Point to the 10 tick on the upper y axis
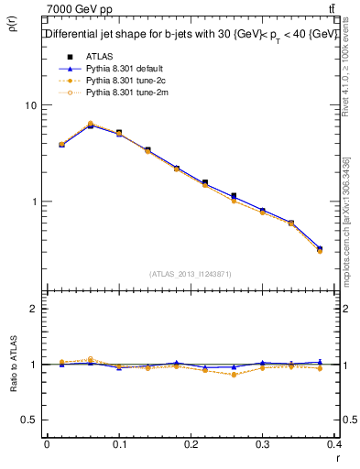pos(31,105)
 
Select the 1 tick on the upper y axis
pos(34,202)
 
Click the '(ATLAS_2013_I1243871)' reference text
pos(191,273)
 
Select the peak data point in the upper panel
pos(90,125)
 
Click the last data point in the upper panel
pos(319,248)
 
